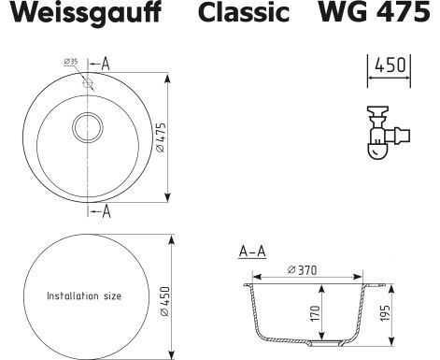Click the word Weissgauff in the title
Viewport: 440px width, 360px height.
[86, 13]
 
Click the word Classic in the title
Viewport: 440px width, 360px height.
[244, 12]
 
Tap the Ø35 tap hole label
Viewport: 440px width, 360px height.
[71, 62]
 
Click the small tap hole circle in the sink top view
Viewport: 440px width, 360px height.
[88, 83]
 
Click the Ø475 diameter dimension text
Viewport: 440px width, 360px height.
[162, 137]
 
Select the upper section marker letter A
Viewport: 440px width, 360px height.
[106, 64]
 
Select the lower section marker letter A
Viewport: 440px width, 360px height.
[106, 211]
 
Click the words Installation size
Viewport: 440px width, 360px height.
[84, 295]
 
